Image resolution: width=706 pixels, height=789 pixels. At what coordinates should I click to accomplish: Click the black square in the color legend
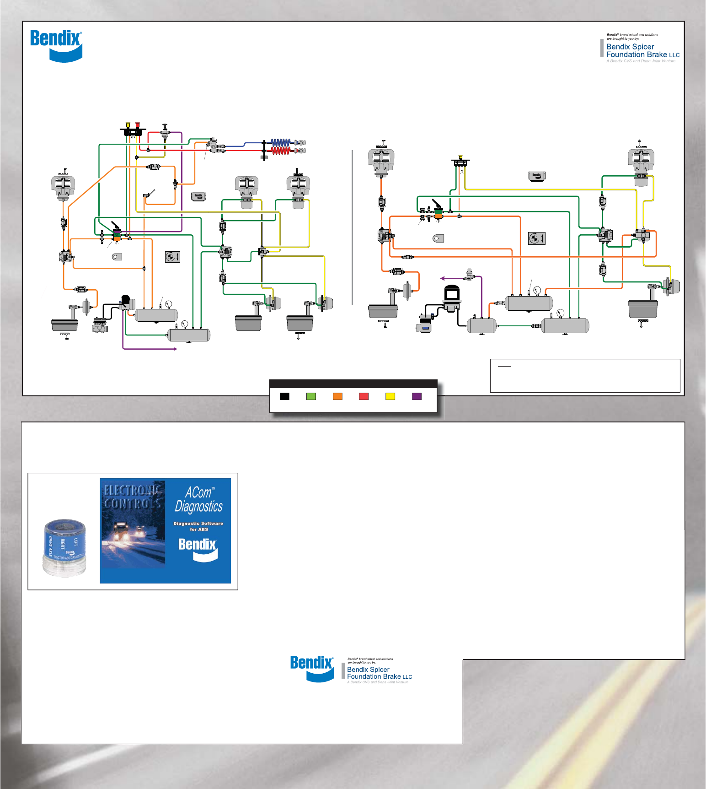[x=284, y=396]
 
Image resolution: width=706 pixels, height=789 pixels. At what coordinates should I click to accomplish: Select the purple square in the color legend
[x=417, y=396]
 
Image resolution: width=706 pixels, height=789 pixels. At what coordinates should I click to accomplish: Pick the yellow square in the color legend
[x=390, y=396]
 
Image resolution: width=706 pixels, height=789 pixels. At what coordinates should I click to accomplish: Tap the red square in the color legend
[x=364, y=396]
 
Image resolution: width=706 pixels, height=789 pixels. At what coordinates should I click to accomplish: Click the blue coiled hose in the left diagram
[x=281, y=142]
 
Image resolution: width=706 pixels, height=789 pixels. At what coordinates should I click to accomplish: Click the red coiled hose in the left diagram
[x=281, y=150]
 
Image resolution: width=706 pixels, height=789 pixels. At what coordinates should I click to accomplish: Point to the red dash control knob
[x=138, y=124]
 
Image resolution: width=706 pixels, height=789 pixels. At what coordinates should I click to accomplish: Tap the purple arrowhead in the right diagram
[x=442, y=278]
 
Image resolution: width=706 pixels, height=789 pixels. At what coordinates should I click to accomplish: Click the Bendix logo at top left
[x=56, y=45]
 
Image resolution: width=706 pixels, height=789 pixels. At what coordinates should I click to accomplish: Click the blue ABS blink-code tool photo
[x=64, y=547]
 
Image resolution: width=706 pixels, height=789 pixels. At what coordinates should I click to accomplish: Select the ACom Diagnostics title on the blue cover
[x=198, y=500]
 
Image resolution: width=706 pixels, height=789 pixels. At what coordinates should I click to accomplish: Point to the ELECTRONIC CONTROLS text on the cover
[x=133, y=497]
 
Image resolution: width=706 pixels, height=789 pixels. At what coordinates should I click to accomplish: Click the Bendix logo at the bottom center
[x=312, y=668]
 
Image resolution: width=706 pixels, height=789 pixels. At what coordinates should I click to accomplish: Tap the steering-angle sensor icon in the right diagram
[x=536, y=238]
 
